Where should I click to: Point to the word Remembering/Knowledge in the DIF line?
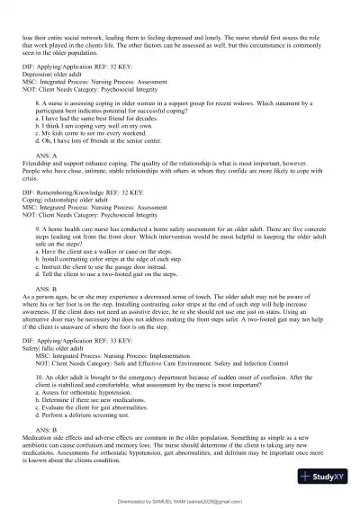click(70, 193)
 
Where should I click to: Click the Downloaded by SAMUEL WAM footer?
click(180, 501)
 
